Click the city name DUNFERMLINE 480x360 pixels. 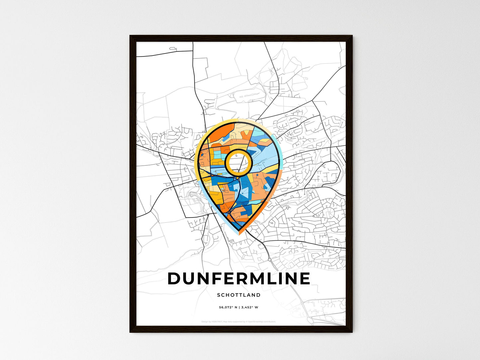click(239, 279)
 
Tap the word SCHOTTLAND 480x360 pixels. click(239, 295)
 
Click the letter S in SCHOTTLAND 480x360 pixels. click(219, 295)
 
